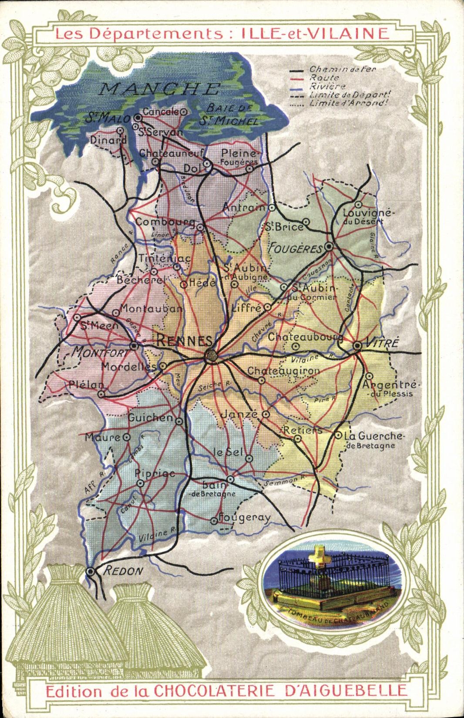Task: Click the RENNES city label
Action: (184, 341)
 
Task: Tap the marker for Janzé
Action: (266, 415)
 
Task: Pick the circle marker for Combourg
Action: (200, 227)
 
